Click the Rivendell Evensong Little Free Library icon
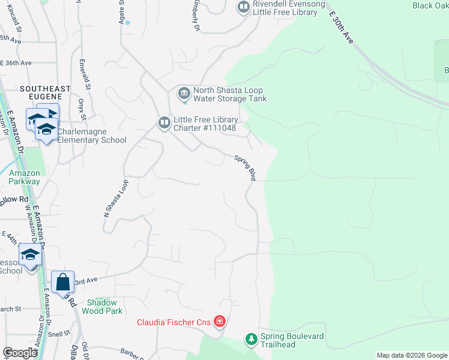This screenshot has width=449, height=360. coord(244,8)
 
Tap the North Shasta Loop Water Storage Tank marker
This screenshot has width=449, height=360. coord(184,94)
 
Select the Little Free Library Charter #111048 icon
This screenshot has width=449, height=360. coord(164,123)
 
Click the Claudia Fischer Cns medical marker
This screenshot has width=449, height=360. coord(220,323)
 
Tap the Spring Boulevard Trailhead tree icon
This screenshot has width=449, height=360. coord(251,340)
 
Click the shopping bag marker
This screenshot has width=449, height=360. coord(62,281)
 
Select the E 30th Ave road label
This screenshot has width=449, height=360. coord(341,29)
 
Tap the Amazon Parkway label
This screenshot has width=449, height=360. coord(25,177)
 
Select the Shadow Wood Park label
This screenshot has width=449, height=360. coord(104,307)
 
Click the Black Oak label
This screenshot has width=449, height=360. coord(430,5)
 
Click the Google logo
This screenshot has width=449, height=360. coord(20,353)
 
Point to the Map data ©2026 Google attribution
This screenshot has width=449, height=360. coord(412,355)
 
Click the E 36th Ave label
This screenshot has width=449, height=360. coord(16,62)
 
